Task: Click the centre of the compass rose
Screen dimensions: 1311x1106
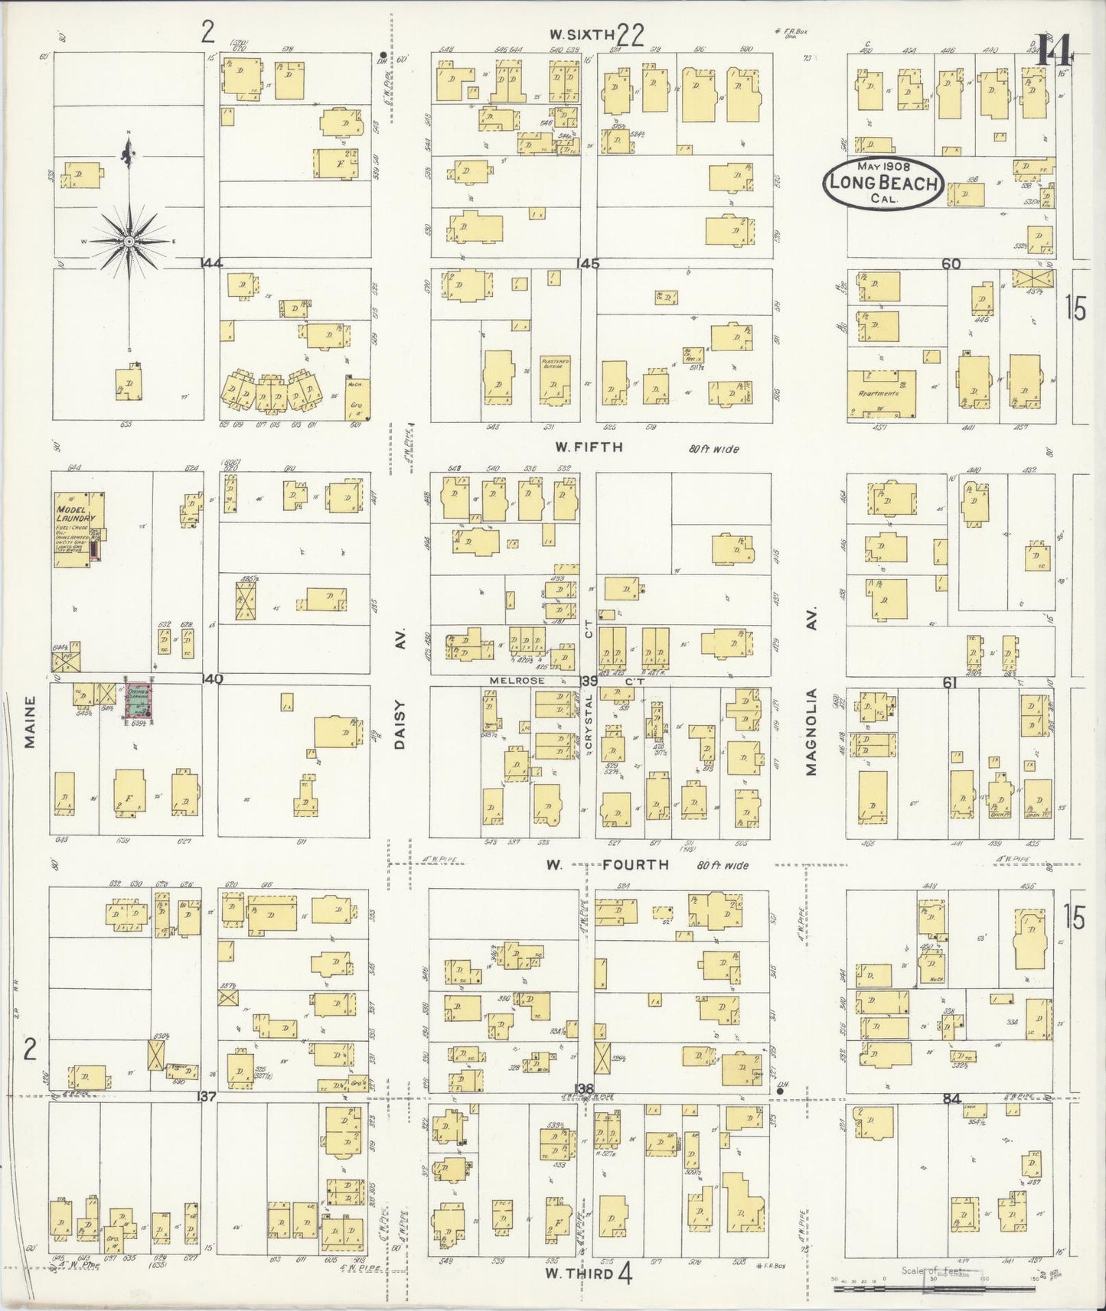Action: [129, 242]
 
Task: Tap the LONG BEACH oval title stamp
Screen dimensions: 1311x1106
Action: [883, 183]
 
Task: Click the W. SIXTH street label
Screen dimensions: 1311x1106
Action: [582, 34]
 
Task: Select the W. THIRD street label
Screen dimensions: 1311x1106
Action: [579, 1274]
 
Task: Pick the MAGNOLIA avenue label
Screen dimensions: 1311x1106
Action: [811, 732]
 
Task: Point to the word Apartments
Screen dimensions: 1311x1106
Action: [879, 393]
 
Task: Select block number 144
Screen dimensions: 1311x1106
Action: [210, 263]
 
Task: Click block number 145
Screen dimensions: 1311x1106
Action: [589, 264]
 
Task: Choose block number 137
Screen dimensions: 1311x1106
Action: [207, 1097]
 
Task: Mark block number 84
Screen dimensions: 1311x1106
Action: [951, 1098]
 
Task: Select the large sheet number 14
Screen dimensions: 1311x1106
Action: [1054, 52]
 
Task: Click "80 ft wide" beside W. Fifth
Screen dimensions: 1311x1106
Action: [713, 449]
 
